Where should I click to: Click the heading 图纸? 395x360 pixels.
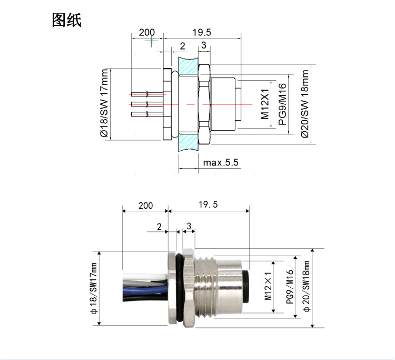(67, 20)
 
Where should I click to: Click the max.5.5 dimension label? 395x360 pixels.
(221, 162)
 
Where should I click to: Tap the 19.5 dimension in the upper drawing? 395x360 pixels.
(202, 32)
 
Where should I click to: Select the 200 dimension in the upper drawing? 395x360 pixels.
(147, 32)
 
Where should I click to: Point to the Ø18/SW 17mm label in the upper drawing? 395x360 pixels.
(104, 103)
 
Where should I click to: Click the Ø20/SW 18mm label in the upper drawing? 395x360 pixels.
(305, 104)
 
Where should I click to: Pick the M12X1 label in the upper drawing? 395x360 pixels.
(265, 104)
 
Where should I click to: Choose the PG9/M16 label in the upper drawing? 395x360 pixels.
(282, 104)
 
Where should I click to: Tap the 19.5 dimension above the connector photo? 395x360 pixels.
(208, 204)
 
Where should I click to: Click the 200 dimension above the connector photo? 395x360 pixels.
(145, 206)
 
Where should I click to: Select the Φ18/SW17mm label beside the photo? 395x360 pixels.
(94, 288)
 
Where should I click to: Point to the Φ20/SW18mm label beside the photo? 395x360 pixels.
(307, 286)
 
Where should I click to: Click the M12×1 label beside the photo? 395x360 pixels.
(268, 286)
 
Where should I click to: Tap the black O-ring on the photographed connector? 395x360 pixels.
(180, 287)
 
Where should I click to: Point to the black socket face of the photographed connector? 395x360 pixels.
(245, 287)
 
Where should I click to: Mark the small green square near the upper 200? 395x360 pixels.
(151, 41)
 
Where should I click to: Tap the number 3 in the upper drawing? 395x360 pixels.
(204, 45)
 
